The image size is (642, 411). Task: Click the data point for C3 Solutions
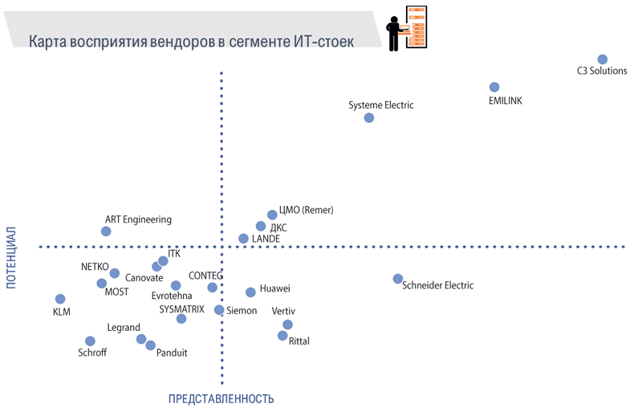coord(603,59)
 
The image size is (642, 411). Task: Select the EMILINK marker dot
coord(494,87)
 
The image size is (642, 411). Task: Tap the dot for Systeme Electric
coord(369,118)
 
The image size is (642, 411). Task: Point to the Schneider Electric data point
coord(398,279)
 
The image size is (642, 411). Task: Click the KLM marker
coord(60,299)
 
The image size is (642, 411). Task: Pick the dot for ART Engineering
coord(106,232)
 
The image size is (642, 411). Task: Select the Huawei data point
coord(250,292)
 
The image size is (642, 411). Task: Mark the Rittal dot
coord(282,336)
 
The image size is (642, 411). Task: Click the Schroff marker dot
coord(90,341)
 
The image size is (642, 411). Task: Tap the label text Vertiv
coord(284,311)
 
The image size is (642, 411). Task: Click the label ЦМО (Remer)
coord(306,211)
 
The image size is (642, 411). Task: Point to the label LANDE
coord(266,239)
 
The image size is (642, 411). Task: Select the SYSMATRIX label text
coord(182,308)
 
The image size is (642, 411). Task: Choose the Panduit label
coord(172,353)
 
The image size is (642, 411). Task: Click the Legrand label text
coord(123,328)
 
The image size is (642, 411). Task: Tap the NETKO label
coord(95,267)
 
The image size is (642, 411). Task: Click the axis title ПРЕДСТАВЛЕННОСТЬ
coord(221,399)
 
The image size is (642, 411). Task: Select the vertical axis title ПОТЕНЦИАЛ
coord(11,256)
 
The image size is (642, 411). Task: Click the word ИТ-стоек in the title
coord(322,39)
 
